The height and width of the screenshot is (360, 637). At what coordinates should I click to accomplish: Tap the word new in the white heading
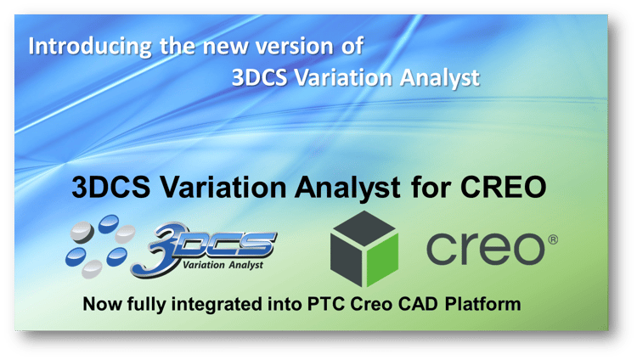[x=225, y=47]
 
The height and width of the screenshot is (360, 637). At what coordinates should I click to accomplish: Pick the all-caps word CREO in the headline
[x=503, y=188]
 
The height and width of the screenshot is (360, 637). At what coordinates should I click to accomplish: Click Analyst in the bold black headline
[x=347, y=188]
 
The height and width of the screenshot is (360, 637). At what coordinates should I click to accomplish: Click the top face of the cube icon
[x=364, y=228]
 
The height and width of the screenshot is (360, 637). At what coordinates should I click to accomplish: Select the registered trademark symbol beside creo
[x=553, y=239]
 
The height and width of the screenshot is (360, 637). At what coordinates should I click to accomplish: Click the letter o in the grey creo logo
[x=527, y=249]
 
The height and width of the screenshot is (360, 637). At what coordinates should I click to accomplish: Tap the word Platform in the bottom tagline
[x=482, y=304]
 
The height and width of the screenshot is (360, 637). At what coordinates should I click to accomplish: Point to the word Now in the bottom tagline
[x=102, y=304]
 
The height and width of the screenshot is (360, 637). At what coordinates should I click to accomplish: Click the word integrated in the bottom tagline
[x=217, y=305]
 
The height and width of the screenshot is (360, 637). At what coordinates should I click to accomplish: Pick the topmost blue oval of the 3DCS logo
[x=109, y=224]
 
